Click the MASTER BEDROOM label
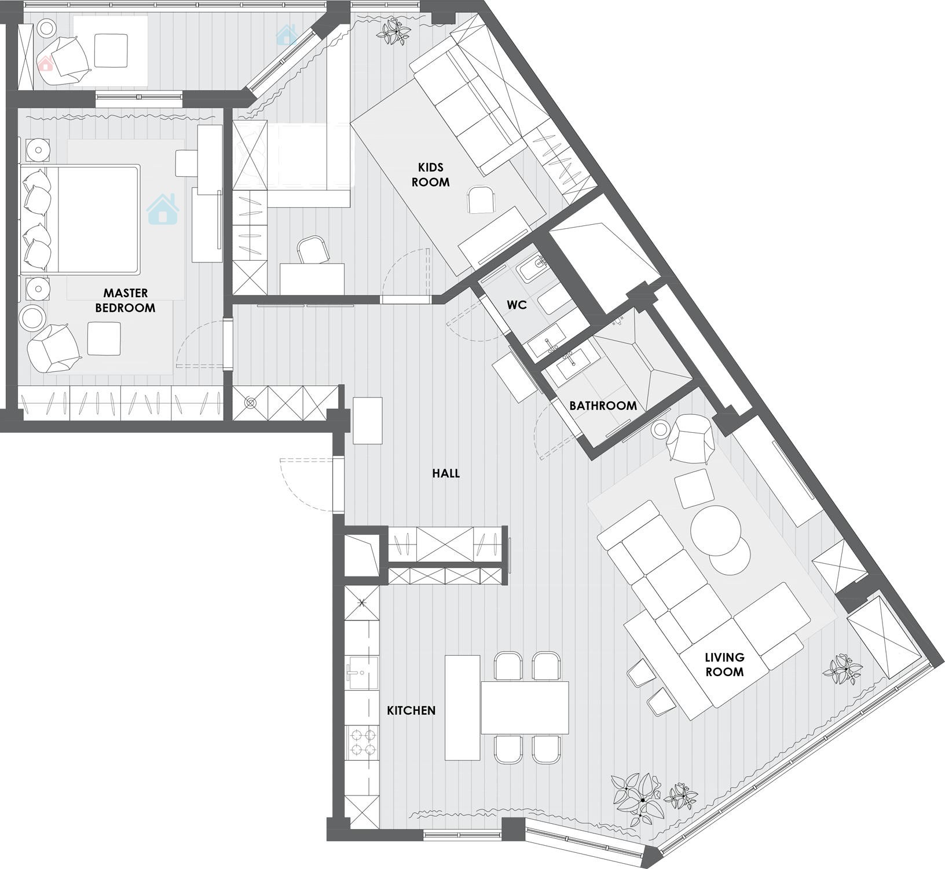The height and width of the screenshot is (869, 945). pyautogui.click(x=125, y=300)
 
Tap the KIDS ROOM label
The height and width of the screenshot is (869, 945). pyautogui.click(x=430, y=174)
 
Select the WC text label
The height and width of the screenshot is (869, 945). pyautogui.click(x=517, y=305)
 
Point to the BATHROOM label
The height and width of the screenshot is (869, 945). pyautogui.click(x=603, y=406)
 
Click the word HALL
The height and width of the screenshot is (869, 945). pyautogui.click(x=446, y=473)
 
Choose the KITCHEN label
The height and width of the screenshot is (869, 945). pyautogui.click(x=411, y=710)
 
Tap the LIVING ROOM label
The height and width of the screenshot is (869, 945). pyautogui.click(x=724, y=664)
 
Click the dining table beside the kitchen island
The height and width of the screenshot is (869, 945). pyautogui.click(x=525, y=707)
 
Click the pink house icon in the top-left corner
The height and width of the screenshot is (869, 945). pyautogui.click(x=46, y=63)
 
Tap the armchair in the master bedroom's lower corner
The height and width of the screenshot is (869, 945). pyautogui.click(x=53, y=349)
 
